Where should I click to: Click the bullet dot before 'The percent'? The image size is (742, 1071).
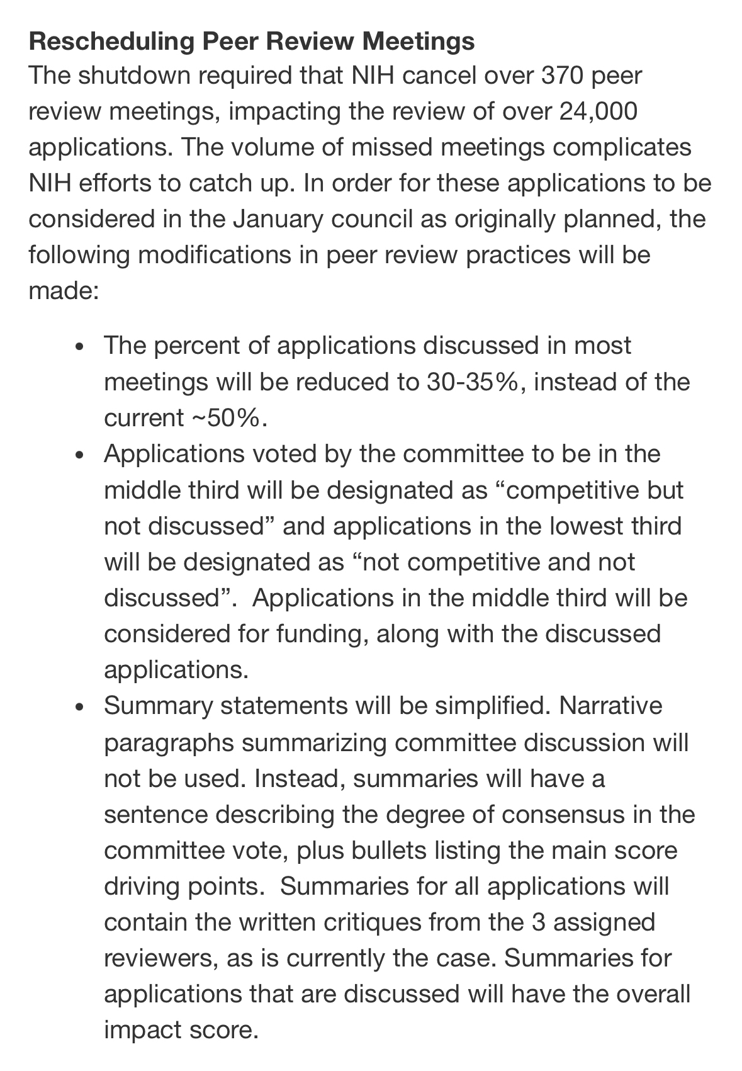click(x=78, y=347)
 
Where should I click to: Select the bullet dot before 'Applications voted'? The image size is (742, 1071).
click(x=78, y=455)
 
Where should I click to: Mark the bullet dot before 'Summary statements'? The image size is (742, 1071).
click(x=78, y=707)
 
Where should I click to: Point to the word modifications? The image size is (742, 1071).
click(x=209, y=255)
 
